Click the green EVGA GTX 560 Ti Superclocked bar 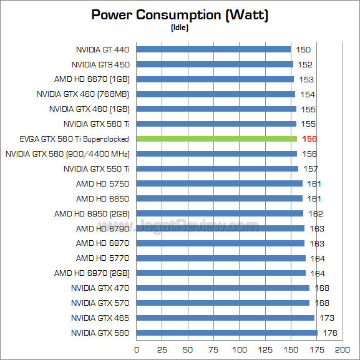[x=216, y=139]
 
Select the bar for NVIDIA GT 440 [x=213, y=49]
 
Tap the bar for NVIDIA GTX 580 [x=226, y=333]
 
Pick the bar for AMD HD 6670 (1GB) [x=215, y=79]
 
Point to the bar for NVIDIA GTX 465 [x=225, y=318]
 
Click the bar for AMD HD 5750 [x=219, y=183]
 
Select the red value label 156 [x=309, y=139]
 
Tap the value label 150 [x=303, y=49]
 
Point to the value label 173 [x=326, y=318]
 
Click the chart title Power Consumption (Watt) [x=180, y=14]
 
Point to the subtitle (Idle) [x=179, y=27]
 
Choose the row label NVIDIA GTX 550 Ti [x=96, y=168]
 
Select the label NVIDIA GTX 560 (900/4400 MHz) [x=67, y=153]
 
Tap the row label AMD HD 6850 [x=102, y=198]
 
